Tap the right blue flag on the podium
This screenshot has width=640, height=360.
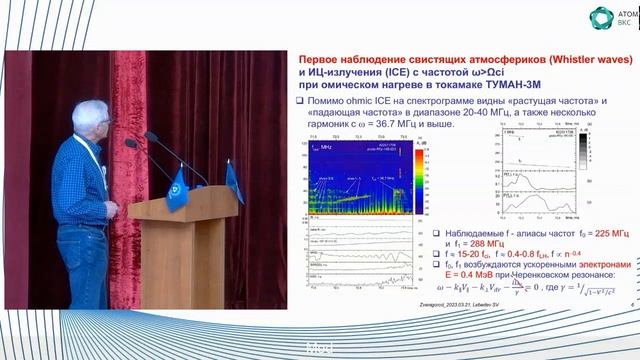tap(234, 180)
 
